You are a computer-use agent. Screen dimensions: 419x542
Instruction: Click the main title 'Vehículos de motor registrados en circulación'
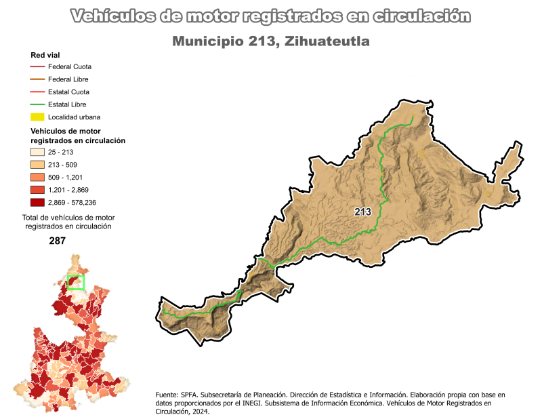(x=270, y=16)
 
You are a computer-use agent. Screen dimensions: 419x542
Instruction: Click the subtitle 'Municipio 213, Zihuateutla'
(x=270, y=41)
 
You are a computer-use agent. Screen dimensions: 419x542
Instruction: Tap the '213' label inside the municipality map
(x=363, y=212)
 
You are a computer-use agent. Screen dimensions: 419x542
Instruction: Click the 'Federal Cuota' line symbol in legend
(x=37, y=67)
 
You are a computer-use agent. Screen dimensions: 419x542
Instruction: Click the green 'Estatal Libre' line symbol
(x=37, y=104)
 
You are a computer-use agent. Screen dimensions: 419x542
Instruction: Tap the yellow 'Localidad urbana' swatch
(x=37, y=117)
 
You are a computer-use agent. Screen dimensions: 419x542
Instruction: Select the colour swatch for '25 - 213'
(x=37, y=153)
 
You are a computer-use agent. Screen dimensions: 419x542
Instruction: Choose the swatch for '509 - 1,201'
(x=37, y=178)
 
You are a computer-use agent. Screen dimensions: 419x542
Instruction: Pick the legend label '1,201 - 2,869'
(x=70, y=190)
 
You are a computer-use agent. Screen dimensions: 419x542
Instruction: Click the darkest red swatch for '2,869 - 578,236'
(x=37, y=202)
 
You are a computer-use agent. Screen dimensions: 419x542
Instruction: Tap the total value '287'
(x=58, y=241)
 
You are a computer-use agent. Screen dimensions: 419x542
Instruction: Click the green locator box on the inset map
(x=76, y=282)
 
